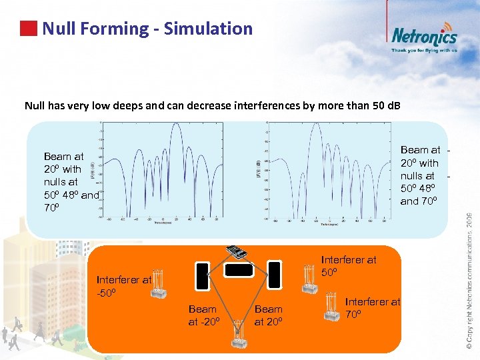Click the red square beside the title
pyautogui.click(x=28, y=29)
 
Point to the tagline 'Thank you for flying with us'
pyautogui.click(x=424, y=50)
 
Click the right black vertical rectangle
pyautogui.click(x=274, y=273)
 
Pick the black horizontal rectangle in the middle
pyautogui.click(x=238, y=270)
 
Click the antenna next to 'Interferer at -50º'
pyautogui.click(x=158, y=285)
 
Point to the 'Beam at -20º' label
pyautogui.click(x=203, y=315)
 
